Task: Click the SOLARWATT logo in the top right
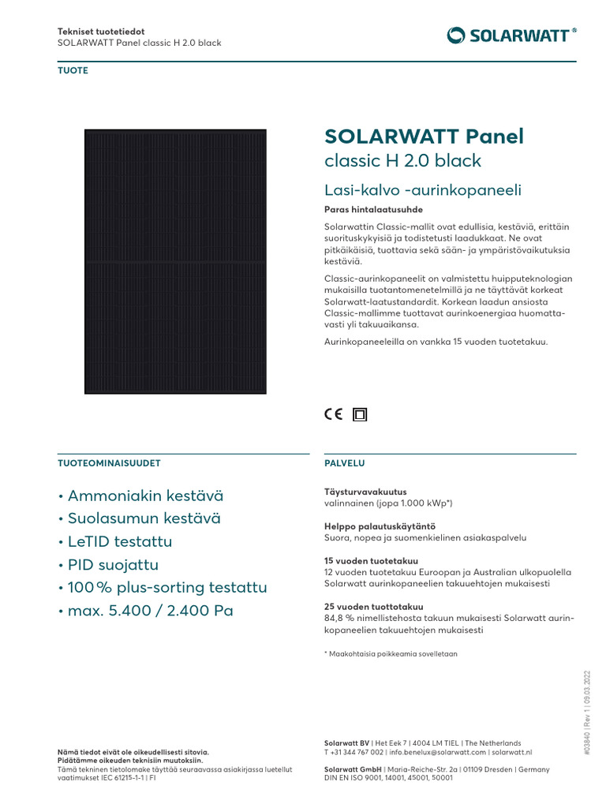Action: tap(511, 35)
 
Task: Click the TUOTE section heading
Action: tap(73, 71)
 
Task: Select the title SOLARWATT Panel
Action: tap(424, 137)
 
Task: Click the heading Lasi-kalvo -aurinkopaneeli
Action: tap(423, 190)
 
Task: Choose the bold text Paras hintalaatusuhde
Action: tap(374, 210)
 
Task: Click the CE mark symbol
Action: tap(334, 413)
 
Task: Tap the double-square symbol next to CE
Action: tap(360, 413)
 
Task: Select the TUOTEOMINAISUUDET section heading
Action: tap(110, 463)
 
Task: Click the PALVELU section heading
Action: tap(345, 463)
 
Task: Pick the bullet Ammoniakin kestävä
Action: tap(141, 496)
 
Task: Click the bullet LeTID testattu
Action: tap(115, 542)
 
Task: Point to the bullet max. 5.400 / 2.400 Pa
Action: tap(146, 611)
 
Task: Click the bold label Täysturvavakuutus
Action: tap(365, 492)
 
